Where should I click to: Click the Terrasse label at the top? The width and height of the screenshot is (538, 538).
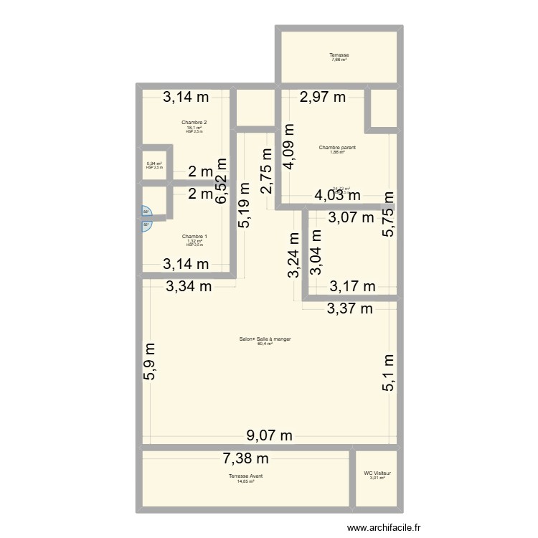pyautogui.click(x=339, y=55)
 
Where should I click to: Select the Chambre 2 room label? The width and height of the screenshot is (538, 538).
pyautogui.click(x=194, y=123)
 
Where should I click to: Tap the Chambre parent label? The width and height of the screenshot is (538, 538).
pyautogui.click(x=337, y=148)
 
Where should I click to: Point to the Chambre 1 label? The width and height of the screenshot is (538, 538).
pyautogui.click(x=194, y=237)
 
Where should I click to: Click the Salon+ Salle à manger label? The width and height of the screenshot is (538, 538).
pyautogui.click(x=265, y=340)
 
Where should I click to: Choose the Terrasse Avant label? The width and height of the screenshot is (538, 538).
pyautogui.click(x=245, y=476)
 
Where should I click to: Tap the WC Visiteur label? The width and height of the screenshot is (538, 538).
pyautogui.click(x=377, y=473)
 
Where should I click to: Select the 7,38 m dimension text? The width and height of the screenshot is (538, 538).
pyautogui.click(x=246, y=458)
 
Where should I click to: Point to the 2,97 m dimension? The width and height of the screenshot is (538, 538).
pyautogui.click(x=323, y=97)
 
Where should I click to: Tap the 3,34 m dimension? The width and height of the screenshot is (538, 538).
pyautogui.click(x=189, y=287)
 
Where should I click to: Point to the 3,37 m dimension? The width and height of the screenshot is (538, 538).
pyautogui.click(x=350, y=309)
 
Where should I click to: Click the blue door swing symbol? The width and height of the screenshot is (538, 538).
pyautogui.click(x=146, y=218)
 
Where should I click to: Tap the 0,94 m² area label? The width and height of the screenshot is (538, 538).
pyautogui.click(x=154, y=164)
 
